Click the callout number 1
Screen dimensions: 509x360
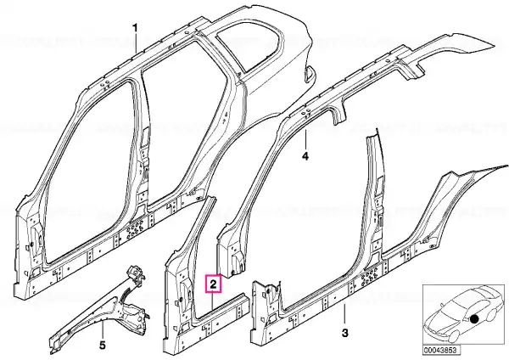(x=136, y=29)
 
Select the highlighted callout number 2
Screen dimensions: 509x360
(x=213, y=284)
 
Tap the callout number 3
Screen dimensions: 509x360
(x=344, y=333)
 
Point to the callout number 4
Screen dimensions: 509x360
(x=305, y=156)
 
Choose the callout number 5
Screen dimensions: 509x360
(x=103, y=345)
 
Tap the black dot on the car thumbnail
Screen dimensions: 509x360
(x=474, y=319)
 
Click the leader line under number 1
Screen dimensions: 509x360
(x=136, y=43)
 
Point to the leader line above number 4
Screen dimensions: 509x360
(x=305, y=140)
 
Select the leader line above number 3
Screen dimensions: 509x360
(x=344, y=314)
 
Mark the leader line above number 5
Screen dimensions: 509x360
(x=103, y=329)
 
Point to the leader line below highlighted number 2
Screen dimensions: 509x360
(x=213, y=301)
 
